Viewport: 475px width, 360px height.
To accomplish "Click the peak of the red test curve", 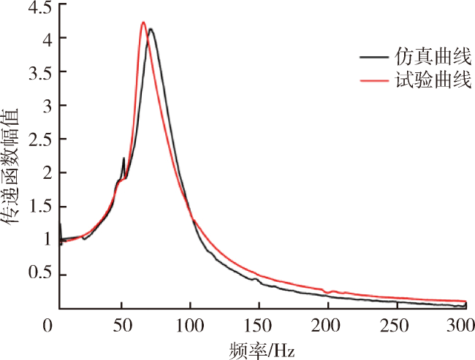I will point(143,23).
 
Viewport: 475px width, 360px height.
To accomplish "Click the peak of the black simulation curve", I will point(151,29).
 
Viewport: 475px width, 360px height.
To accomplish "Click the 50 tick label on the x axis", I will point(121,324).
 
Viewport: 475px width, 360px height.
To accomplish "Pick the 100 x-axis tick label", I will point(189,324).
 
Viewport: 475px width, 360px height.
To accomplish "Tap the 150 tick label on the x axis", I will point(258,324).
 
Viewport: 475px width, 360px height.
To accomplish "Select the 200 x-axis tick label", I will point(327,324).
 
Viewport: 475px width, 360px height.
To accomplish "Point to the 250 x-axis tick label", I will point(396,324).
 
